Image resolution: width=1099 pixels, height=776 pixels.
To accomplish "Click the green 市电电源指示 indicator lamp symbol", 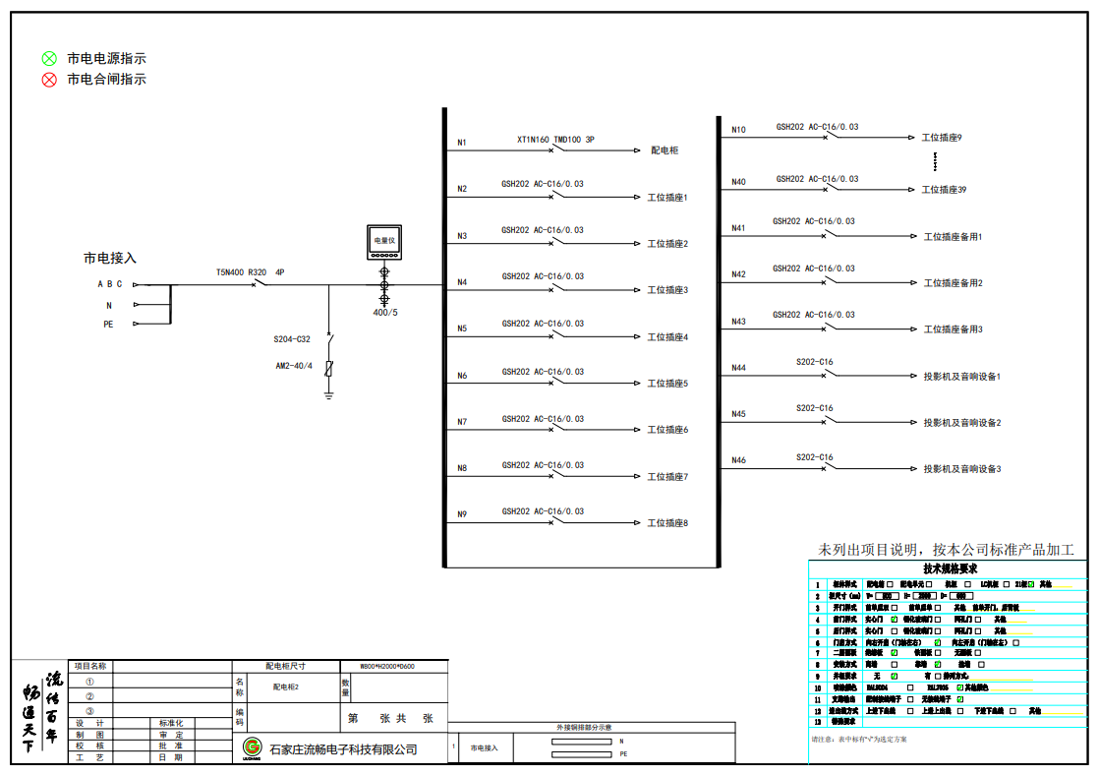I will [49, 59].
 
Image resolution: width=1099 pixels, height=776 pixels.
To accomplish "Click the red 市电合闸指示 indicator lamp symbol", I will [49, 80].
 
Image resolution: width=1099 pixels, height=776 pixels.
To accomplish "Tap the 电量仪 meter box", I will [383, 243].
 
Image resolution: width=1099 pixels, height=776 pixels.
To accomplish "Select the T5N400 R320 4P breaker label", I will [251, 271].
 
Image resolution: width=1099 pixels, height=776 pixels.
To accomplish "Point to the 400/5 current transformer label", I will [385, 313].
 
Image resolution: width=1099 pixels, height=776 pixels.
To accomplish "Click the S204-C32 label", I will [292, 339].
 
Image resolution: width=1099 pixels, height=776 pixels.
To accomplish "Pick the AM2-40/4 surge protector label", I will [293, 366].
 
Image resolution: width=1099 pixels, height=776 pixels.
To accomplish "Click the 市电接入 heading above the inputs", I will [109, 258].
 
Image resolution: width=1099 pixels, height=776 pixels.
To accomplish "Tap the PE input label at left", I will [109, 324].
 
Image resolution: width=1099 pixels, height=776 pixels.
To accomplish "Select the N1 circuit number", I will [462, 144].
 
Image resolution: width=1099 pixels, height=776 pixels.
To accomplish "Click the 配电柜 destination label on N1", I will [665, 150].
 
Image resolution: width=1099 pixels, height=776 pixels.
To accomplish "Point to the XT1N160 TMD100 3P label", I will [555, 140].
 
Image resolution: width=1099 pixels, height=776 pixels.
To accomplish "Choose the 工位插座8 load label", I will [667, 523].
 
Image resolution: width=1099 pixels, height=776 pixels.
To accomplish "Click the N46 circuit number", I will [738, 460].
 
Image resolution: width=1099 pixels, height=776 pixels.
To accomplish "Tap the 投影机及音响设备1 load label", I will [961, 377].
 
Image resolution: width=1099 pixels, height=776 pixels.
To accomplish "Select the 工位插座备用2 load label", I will [953, 283].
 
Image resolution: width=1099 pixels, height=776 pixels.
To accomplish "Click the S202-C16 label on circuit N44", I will [814, 362].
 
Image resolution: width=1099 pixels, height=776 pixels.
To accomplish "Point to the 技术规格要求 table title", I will [950, 568].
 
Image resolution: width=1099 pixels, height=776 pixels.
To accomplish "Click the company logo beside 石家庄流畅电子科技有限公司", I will [253, 748].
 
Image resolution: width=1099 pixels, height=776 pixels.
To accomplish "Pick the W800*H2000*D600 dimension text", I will [387, 666].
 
